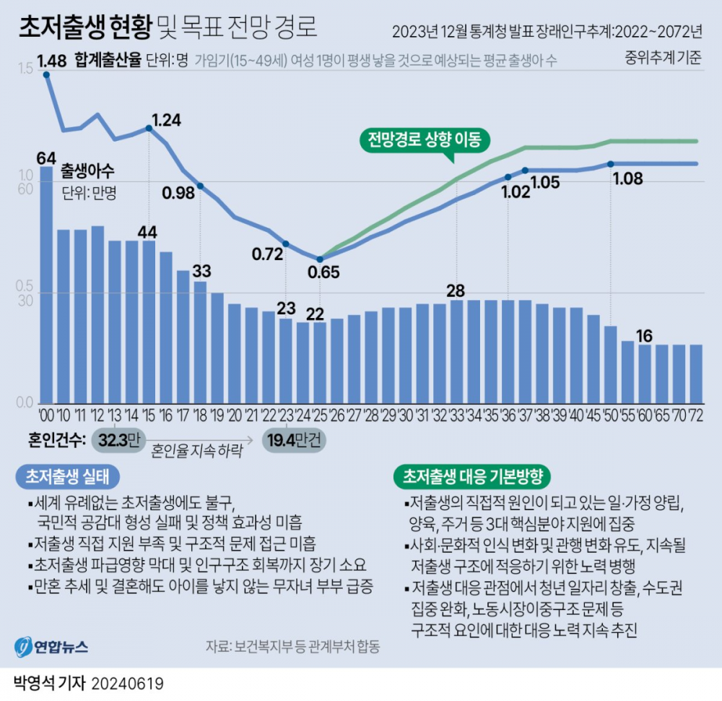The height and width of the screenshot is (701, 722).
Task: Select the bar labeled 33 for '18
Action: tap(200, 342)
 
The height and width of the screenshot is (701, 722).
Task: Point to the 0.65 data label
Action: tap(322, 272)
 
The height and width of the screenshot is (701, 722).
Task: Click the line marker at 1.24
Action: tap(149, 128)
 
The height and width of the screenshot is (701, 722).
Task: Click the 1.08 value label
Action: tap(627, 179)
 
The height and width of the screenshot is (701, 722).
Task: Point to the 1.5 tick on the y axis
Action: tap(25, 69)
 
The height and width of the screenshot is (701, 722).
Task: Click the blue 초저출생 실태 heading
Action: tap(66, 477)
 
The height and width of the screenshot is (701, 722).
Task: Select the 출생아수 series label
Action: tap(88, 172)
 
